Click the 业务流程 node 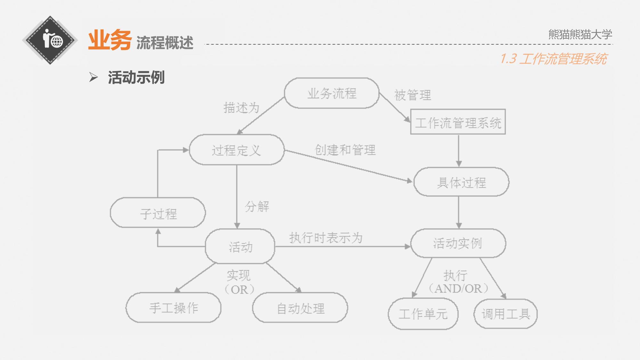pyautogui.click(x=332, y=93)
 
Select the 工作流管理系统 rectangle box pyautogui.click(x=458, y=122)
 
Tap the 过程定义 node pyautogui.click(x=237, y=150)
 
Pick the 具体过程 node pyautogui.click(x=461, y=182)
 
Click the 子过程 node pyautogui.click(x=158, y=213)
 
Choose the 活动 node pyautogui.click(x=240, y=246)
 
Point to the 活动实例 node pyautogui.click(x=458, y=243)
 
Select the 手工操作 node pyautogui.click(x=174, y=308)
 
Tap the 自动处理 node pyautogui.click(x=300, y=308)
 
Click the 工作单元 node pyautogui.click(x=423, y=314)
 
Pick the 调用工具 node pyautogui.click(x=506, y=314)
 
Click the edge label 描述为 pyautogui.click(x=241, y=108)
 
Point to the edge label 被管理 pyautogui.click(x=413, y=95)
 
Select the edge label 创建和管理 pyautogui.click(x=345, y=150)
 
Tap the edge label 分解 pyautogui.click(x=257, y=206)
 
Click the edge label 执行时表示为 pyautogui.click(x=326, y=238)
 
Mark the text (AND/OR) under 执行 pyautogui.click(x=458, y=289)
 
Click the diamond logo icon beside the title pyautogui.click(x=50, y=40)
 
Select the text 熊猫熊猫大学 pyautogui.click(x=580, y=34)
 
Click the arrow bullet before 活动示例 pyautogui.click(x=93, y=77)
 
